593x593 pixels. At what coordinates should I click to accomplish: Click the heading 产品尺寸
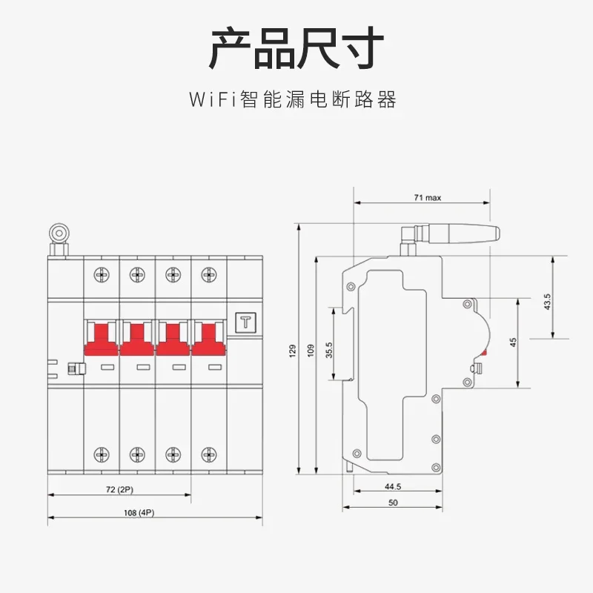click(296, 48)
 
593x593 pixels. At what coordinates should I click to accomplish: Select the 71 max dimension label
click(428, 198)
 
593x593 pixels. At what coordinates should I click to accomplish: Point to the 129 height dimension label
click(292, 348)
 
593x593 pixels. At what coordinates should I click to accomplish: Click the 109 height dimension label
click(311, 348)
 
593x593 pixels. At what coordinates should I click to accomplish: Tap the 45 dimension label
click(513, 342)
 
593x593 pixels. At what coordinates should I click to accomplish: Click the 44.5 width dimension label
click(393, 487)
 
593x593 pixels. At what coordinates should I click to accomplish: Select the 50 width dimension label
click(393, 503)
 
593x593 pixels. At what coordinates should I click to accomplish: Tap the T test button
click(245, 322)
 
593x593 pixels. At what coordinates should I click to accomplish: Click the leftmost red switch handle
click(101, 337)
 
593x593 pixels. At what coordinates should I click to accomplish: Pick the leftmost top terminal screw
click(101, 275)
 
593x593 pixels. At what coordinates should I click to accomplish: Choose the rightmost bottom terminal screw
click(208, 454)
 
